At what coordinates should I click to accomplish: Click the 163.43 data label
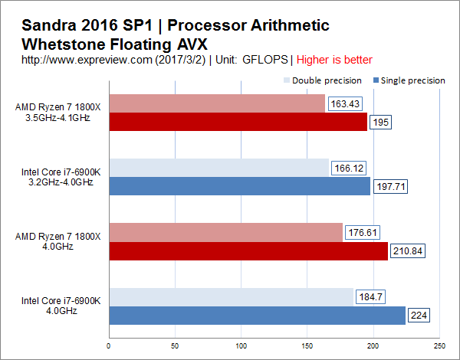pos(345,103)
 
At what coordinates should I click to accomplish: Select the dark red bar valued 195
pos(238,122)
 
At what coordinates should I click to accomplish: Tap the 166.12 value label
pos(349,169)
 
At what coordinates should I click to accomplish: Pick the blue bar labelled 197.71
pos(240,186)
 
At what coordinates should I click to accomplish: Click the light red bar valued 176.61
pos(226,233)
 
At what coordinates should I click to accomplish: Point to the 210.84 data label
pos(408,251)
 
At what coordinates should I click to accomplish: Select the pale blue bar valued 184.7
pos(232,297)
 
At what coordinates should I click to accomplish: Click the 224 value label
pos(419,315)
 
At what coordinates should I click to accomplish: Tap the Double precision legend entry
pos(323,80)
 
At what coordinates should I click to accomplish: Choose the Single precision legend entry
pos(409,80)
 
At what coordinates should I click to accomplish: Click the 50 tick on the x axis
pos(175,346)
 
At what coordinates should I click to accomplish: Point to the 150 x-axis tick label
pos(307,346)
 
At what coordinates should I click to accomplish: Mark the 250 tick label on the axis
pos(439,346)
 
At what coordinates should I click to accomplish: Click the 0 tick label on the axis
pos(109,346)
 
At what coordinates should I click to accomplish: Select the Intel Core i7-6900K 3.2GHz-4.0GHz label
pos(61,177)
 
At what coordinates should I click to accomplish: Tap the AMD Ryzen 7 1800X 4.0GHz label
pos(58,241)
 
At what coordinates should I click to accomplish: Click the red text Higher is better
pos(334,60)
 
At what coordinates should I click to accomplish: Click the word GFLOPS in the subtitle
pos(265,60)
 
